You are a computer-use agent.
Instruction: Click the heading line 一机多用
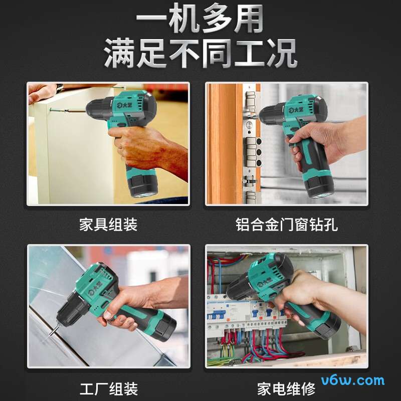pyautogui.click(x=199, y=18)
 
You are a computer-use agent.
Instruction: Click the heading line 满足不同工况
pyautogui.click(x=200, y=53)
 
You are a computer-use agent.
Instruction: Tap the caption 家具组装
pyautogui.click(x=108, y=225)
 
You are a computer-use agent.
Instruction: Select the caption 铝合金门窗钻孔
pyautogui.click(x=286, y=225)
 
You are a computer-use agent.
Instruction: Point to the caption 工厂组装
pyautogui.click(x=109, y=389)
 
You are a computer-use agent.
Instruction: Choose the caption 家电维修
pyautogui.click(x=286, y=389)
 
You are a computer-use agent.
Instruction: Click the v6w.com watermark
pyautogui.click(x=353, y=380)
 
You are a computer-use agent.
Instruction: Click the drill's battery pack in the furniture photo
pyautogui.click(x=143, y=182)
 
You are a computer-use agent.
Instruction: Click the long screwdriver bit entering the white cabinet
pyautogui.click(x=68, y=110)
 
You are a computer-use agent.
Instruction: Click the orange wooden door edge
pyautogui.click(x=225, y=143)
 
